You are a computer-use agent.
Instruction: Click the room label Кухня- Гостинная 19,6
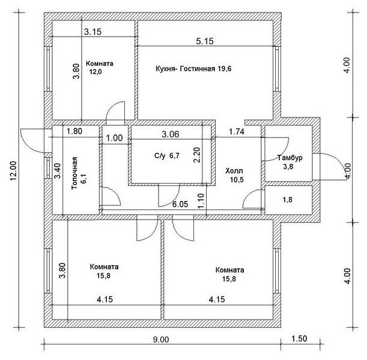[x=193, y=69]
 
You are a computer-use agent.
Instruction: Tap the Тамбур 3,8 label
[x=290, y=163]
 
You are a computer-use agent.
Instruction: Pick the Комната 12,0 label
[x=99, y=67]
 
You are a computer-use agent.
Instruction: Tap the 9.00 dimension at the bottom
[x=160, y=339]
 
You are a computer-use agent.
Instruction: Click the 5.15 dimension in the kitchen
[x=205, y=41]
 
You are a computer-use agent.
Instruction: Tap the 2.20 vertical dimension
[x=196, y=157]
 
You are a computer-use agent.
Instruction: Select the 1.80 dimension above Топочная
[x=74, y=131]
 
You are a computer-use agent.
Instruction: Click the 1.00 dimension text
[x=114, y=137]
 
